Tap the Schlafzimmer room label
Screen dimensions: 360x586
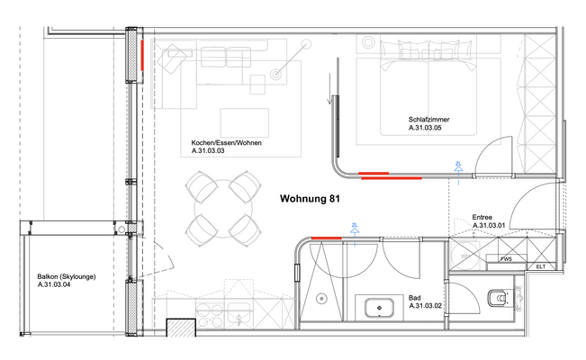pyautogui.click(x=428, y=120)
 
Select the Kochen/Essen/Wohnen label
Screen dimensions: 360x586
pyautogui.click(x=227, y=144)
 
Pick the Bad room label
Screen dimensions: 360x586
pyautogui.click(x=416, y=297)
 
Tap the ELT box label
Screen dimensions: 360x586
pyautogui.click(x=540, y=266)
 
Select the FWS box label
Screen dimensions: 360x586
pyautogui.click(x=507, y=259)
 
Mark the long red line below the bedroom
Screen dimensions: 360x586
pyautogui.click(x=389, y=175)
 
